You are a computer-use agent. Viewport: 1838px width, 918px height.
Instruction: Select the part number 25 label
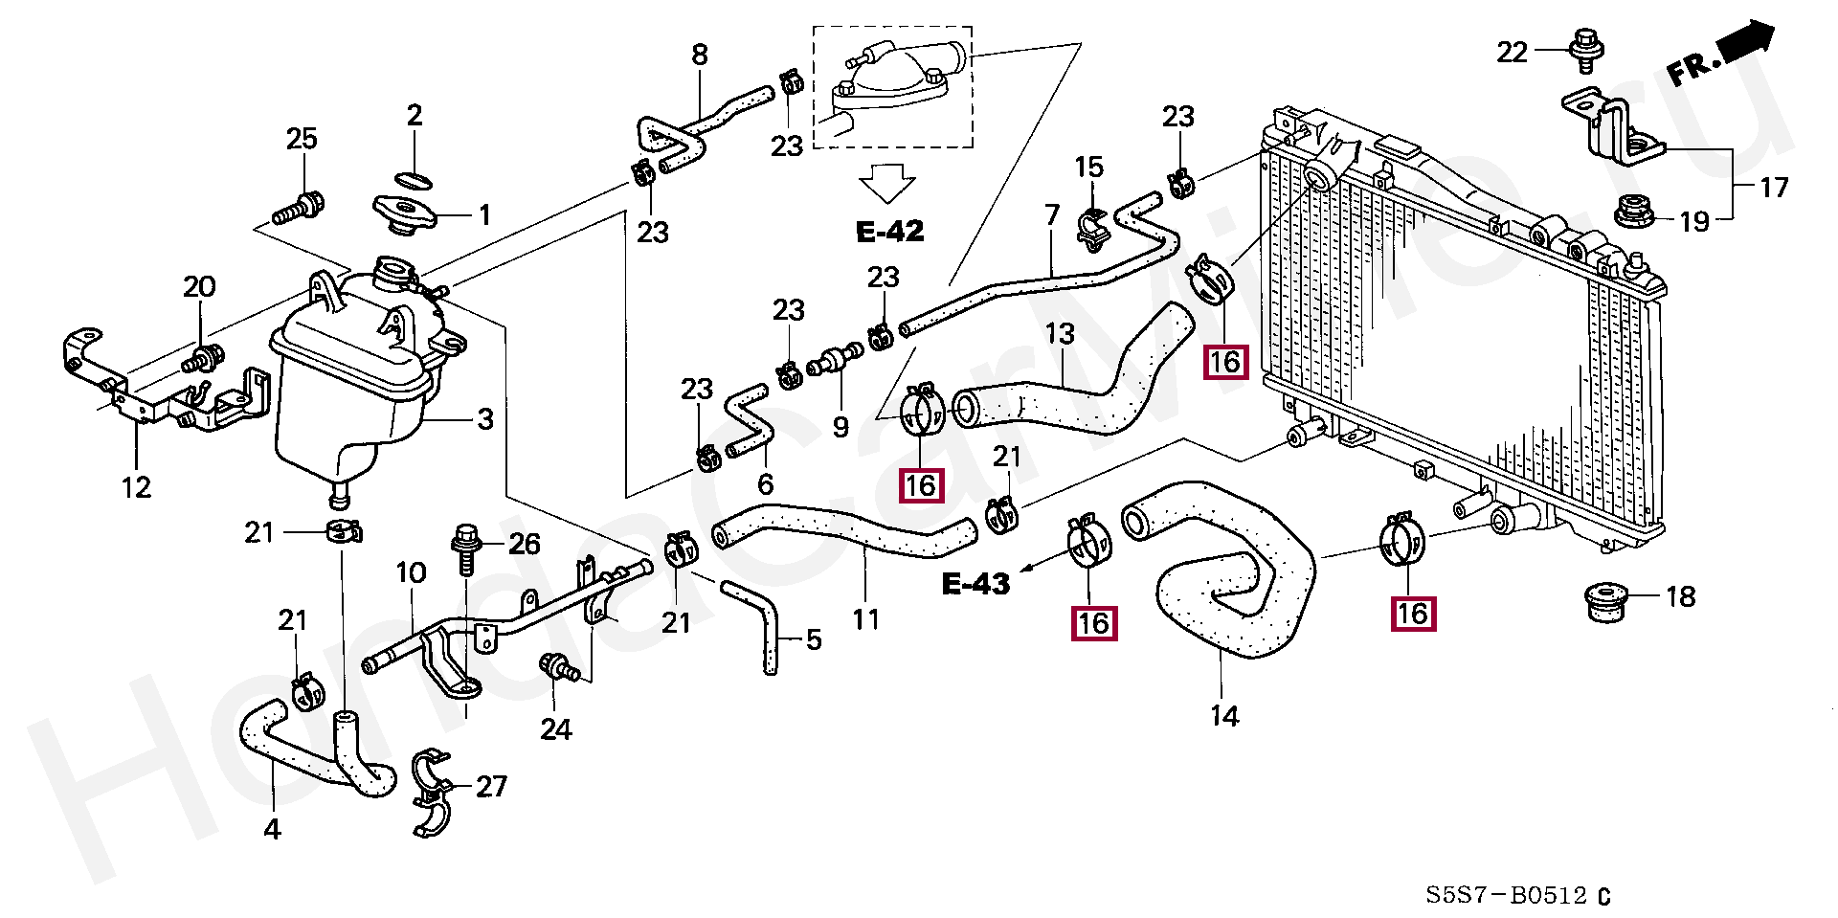tap(302, 139)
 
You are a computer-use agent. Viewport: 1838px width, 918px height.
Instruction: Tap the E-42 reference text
tap(889, 231)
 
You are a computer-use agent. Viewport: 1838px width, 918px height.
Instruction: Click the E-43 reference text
tap(975, 584)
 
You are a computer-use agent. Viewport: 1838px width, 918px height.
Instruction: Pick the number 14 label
tap(1224, 716)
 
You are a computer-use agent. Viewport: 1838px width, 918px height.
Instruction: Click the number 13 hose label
tap(1060, 334)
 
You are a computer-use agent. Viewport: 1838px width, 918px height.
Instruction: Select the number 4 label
tap(273, 829)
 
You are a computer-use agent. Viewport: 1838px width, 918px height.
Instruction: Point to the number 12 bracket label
tap(136, 487)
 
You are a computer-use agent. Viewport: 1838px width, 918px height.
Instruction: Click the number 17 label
tap(1773, 188)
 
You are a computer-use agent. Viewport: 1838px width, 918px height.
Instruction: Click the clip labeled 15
tap(1092, 230)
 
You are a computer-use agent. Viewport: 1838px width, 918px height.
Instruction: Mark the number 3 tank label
tap(485, 419)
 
